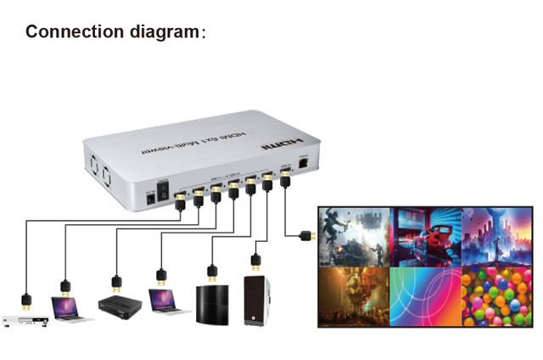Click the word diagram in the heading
click(x=158, y=32)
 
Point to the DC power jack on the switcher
click(x=150, y=197)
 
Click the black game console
click(x=211, y=305)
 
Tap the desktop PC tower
click(x=256, y=300)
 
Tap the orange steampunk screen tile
click(x=354, y=296)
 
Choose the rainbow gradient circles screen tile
click(x=425, y=296)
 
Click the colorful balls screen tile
click(x=496, y=296)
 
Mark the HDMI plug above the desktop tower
click(x=255, y=260)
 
